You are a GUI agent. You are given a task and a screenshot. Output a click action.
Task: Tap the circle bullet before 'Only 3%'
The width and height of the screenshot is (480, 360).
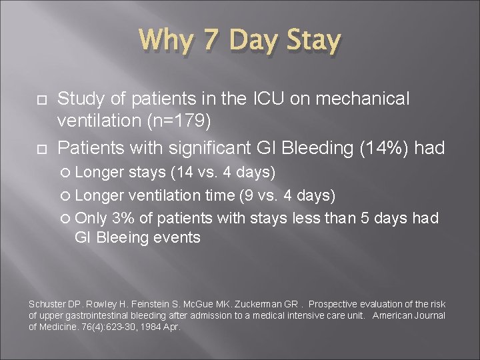click(x=68, y=218)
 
